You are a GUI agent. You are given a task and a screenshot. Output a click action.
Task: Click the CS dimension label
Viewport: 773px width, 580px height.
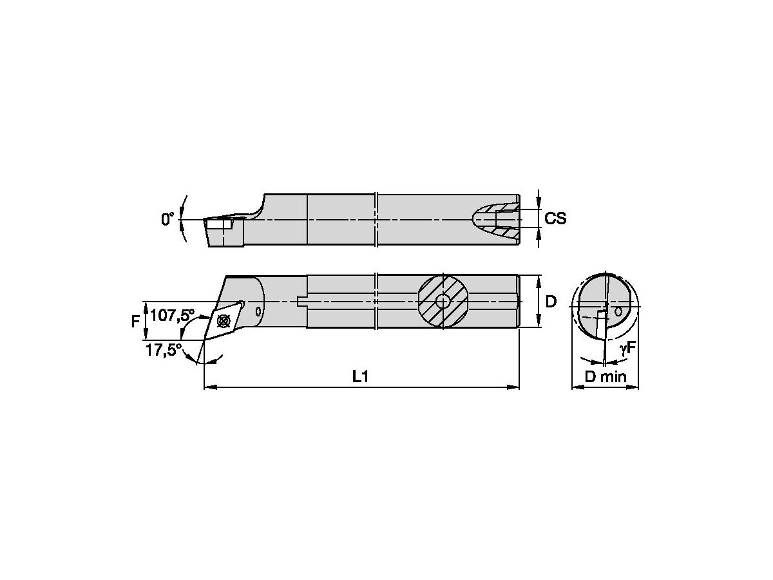pos(555,219)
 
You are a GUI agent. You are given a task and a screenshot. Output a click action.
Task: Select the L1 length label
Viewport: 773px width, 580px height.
pos(361,378)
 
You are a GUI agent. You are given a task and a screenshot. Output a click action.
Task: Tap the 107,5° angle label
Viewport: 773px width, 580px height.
pos(172,316)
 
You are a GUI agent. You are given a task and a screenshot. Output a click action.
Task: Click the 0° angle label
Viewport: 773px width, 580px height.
pos(167,220)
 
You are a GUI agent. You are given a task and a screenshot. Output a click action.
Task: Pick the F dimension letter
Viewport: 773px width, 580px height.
pos(136,320)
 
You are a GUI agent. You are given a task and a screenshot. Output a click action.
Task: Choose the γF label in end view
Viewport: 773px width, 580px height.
pos(627,349)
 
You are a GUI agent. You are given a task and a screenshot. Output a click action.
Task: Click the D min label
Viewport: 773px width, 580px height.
pos(605,378)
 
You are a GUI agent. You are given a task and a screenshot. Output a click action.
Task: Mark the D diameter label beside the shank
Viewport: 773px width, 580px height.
pos(551,302)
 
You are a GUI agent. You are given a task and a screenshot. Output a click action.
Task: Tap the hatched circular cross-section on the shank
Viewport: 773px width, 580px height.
pos(443,301)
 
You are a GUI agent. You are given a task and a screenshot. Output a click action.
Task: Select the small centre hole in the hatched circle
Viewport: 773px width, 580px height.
pos(443,301)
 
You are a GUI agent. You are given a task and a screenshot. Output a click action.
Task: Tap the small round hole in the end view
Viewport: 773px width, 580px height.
pos(618,311)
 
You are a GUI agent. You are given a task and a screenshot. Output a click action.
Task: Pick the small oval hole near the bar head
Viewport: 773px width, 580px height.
pos(258,311)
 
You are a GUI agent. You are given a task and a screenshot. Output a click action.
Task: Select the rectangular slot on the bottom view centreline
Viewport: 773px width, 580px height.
pos(303,301)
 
